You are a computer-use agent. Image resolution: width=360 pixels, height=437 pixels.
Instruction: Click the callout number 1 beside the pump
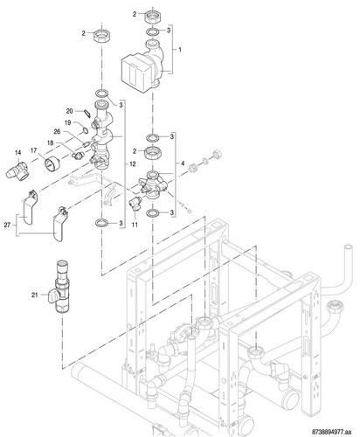(x=180, y=50)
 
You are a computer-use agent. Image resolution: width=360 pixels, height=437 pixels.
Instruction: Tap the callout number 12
(x=133, y=164)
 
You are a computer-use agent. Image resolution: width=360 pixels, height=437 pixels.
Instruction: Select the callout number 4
(x=183, y=163)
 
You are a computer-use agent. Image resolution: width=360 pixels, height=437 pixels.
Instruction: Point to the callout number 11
(x=135, y=225)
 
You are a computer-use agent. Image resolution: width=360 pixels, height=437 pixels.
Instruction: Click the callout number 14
(x=18, y=152)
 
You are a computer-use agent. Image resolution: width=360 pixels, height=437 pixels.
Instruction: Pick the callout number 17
(x=33, y=150)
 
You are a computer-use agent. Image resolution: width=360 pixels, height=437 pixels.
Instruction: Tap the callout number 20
(x=69, y=111)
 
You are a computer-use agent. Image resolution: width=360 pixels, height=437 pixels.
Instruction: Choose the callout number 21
(x=35, y=295)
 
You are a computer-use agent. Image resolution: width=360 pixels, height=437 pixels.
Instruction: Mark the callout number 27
(x=7, y=225)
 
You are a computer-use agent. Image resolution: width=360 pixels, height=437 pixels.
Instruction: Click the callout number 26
(x=57, y=132)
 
